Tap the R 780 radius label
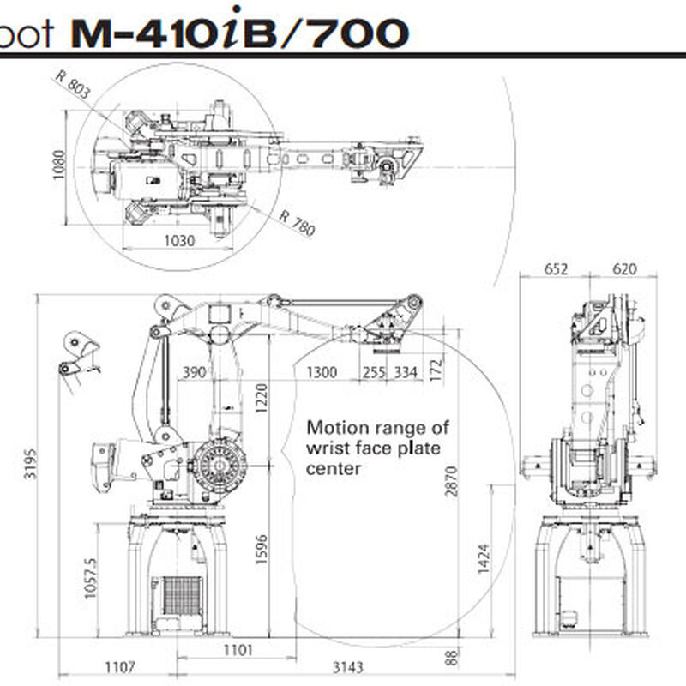297,222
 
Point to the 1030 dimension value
179,241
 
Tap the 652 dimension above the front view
556,269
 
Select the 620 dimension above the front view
624,269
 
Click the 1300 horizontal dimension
322,371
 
